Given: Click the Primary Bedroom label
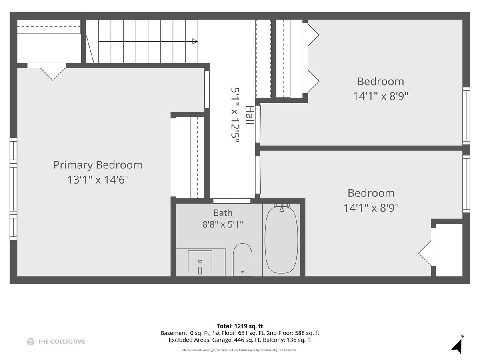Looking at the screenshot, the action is [98, 166].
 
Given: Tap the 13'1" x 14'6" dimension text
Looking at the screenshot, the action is [98, 180].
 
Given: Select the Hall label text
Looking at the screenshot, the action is [250, 115].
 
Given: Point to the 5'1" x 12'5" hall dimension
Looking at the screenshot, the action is [235, 115].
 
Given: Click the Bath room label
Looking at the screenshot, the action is [223, 213].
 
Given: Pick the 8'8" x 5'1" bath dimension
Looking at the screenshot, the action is [223, 224].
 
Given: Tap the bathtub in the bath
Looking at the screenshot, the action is [281, 240].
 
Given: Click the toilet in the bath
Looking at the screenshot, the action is [242, 260].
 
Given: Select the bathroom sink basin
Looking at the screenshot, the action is [200, 262].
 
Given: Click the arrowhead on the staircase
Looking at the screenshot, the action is [195, 41].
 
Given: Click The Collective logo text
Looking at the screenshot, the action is [61, 342].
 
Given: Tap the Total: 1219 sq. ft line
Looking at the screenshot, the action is [240, 326].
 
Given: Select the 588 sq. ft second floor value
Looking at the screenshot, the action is [307, 333].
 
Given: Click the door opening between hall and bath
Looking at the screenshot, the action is [232, 201].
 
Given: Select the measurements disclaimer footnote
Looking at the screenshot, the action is [240, 350].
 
